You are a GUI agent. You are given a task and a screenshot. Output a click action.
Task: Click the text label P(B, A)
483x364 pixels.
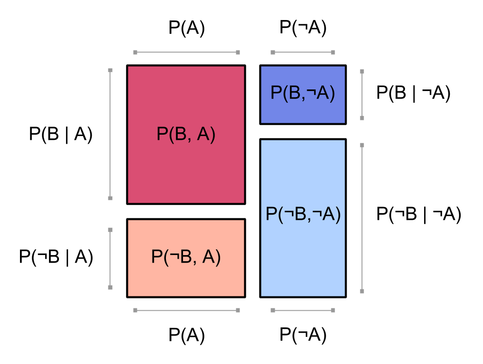[186, 135]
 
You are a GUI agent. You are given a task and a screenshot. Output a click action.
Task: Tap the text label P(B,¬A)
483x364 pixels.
[303, 93]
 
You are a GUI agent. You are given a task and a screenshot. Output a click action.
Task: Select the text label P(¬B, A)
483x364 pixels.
[186, 257]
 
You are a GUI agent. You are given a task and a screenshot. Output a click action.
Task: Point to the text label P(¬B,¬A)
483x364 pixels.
[303, 215]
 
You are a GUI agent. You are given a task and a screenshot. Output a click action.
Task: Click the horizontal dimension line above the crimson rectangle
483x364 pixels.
[186, 52]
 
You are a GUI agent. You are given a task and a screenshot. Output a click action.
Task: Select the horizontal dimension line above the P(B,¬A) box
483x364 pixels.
[303, 52]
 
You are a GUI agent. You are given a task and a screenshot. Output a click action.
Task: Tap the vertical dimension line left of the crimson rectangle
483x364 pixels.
[110, 134]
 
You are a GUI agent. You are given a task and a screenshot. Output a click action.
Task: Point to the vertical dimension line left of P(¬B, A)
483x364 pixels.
[110, 258]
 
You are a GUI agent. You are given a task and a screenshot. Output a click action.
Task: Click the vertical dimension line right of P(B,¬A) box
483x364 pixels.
[362, 95]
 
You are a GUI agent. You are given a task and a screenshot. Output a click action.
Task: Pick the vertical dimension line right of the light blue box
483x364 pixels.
[362, 218]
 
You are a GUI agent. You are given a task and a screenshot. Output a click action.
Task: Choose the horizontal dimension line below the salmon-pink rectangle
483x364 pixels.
[186, 310]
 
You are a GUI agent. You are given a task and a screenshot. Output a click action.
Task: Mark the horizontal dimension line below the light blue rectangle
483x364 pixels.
[303, 310]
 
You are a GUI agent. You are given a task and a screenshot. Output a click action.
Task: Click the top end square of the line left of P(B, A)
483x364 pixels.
[110, 70]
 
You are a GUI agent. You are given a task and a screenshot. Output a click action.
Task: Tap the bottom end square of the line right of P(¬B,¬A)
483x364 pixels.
[362, 291]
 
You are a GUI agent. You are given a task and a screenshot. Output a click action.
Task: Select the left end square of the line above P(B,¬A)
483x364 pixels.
[273, 52]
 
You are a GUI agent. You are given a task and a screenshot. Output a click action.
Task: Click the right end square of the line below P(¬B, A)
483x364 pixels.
[238, 310]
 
